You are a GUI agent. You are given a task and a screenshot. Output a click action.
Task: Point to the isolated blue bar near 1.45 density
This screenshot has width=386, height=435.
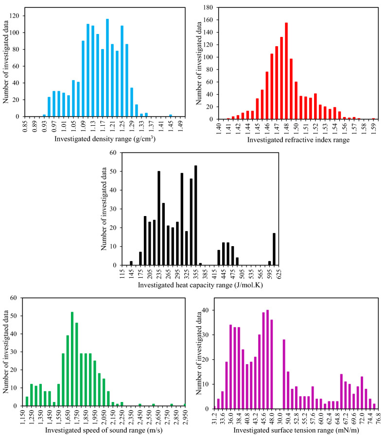click(x=171, y=116)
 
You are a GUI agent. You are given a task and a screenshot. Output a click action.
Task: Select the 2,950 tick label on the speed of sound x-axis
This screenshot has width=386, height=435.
click(x=185, y=418)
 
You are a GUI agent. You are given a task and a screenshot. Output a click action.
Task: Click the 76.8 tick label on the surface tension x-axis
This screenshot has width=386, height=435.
click(x=377, y=418)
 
